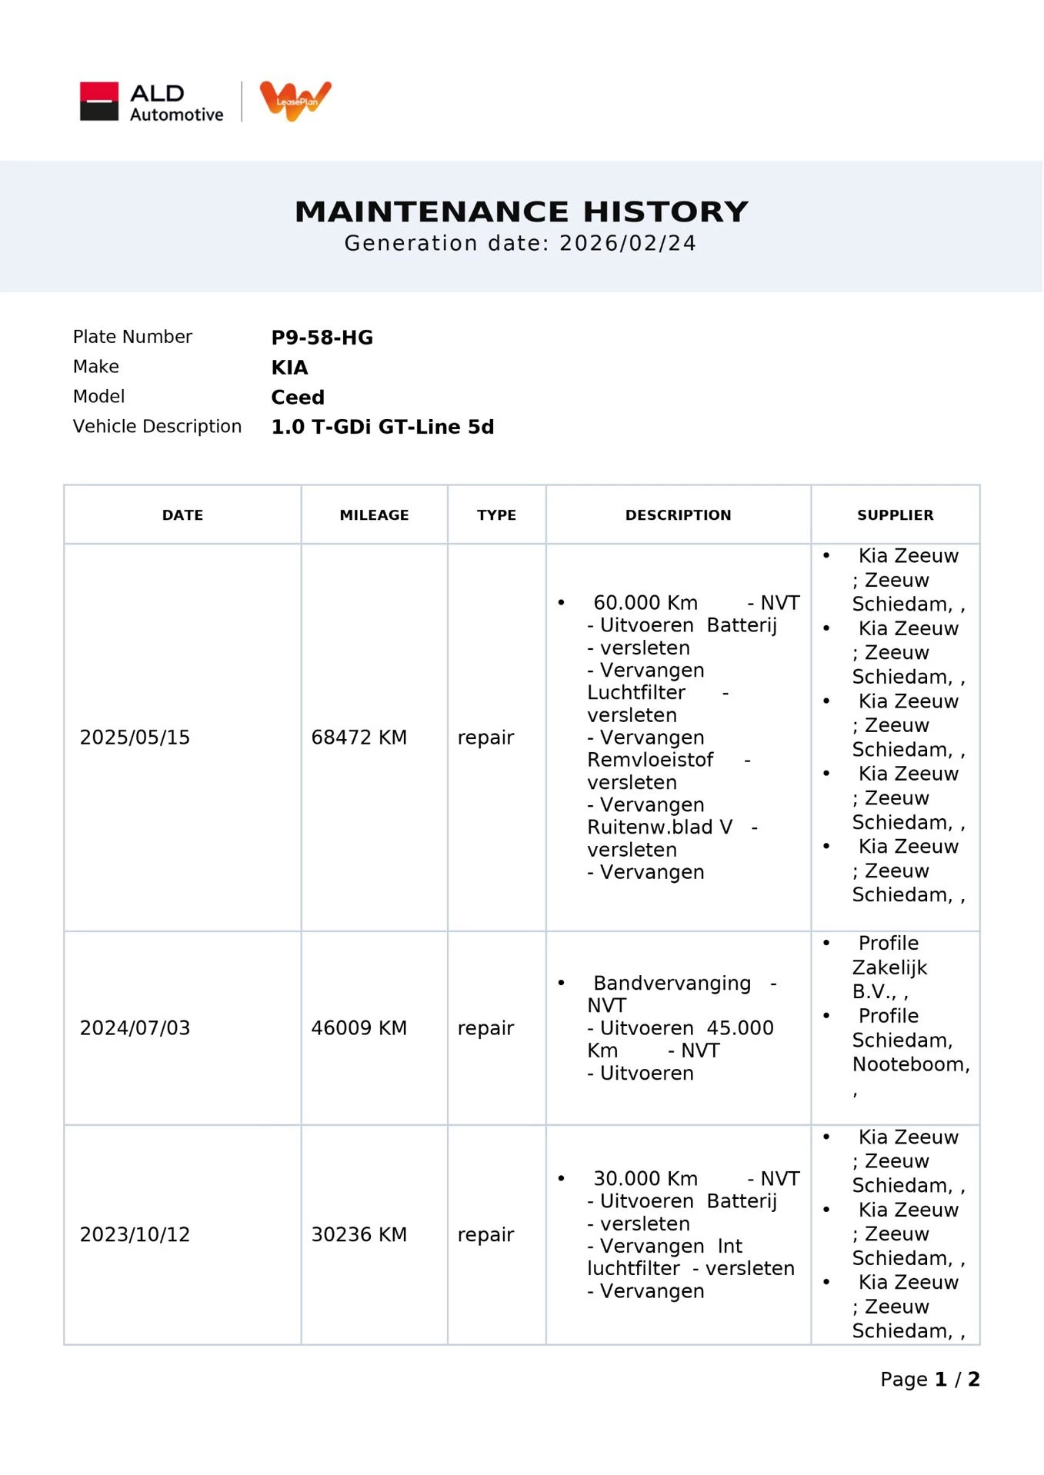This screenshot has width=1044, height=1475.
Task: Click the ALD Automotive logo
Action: point(152,102)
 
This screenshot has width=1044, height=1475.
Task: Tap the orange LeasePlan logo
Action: point(295,100)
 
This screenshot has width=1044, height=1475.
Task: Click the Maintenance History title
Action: point(522,211)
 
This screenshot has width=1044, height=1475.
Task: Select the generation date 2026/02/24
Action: point(627,244)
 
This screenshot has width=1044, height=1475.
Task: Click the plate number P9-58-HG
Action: point(322,338)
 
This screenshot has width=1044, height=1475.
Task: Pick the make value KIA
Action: point(289,368)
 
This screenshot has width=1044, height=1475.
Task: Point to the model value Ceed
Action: point(298,398)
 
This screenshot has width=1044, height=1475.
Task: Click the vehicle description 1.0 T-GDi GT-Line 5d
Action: point(382,428)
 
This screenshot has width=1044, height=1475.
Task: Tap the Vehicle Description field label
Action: point(157,427)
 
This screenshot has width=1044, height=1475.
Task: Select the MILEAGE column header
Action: point(374,515)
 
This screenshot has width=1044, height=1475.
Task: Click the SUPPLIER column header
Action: point(895,515)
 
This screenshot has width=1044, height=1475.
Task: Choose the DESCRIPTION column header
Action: point(678,515)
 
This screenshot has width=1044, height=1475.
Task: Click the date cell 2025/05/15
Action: point(135,737)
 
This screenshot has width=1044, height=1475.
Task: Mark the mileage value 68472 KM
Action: point(359,737)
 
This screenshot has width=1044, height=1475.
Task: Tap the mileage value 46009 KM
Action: point(359,1028)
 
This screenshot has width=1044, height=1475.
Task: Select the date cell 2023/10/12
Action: point(135,1234)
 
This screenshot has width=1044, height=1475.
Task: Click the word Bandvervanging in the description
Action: point(672,984)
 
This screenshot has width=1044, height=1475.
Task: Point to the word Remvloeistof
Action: point(650,760)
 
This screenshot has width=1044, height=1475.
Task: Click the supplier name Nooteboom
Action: point(910,1064)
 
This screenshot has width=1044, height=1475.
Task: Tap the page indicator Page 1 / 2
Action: point(929,1380)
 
